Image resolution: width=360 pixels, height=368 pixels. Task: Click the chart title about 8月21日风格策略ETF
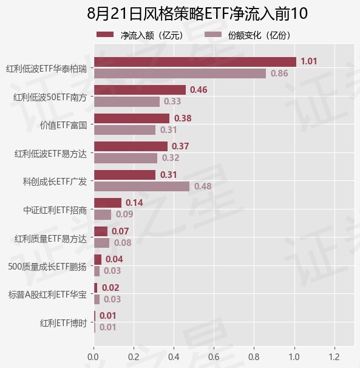point(197,13)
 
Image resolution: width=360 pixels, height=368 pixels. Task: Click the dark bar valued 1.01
point(195,62)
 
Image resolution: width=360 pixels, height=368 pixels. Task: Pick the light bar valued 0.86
point(180,73)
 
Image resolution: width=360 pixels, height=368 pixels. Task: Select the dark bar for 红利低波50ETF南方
point(140,90)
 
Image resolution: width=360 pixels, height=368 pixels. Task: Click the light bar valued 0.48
point(141,186)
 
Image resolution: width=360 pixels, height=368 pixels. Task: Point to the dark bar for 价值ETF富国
point(132,118)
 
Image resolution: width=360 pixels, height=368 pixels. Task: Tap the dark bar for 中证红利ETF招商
point(107,203)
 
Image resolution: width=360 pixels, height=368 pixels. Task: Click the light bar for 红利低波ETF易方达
point(126,158)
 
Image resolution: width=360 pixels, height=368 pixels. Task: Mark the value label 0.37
point(180,146)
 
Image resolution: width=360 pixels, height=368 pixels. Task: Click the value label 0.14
point(134,203)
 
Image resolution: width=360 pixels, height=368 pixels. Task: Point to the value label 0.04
point(114,259)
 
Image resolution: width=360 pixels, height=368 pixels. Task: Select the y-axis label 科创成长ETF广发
point(55,182)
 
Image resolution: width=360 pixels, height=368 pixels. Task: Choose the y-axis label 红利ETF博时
point(63,323)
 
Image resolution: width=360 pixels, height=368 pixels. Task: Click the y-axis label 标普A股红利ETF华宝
point(47,295)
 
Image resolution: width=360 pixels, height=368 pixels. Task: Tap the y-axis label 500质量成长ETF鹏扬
point(47,267)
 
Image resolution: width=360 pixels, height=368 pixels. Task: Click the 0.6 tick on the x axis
point(214,357)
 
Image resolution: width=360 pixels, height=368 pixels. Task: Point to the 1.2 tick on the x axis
point(334,357)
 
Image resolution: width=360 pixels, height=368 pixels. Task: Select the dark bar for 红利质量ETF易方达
point(101,231)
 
